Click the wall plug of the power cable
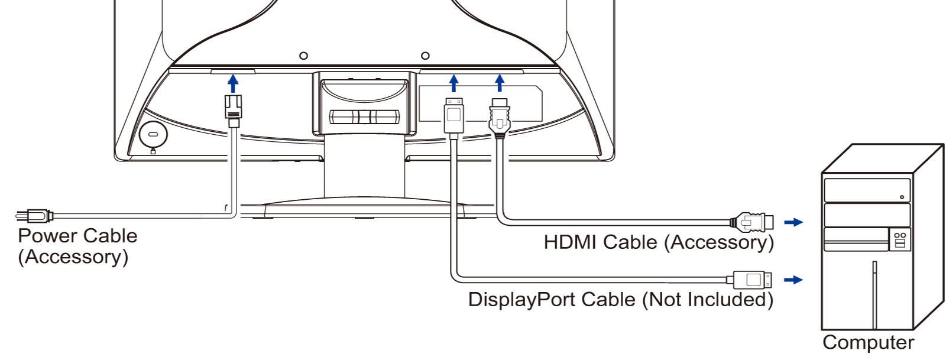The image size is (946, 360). coord(35,216)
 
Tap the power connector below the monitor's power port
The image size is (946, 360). coord(233,111)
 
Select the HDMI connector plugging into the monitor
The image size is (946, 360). coord(500,118)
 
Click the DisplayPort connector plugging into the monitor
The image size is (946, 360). coord(454,118)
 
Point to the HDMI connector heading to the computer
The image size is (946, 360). coord(751,222)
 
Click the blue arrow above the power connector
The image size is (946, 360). coord(233,83)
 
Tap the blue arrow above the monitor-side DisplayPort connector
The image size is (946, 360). coord(454,83)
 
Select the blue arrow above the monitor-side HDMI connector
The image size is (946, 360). coord(500,83)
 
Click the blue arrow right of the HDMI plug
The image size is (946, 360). coord(793,222)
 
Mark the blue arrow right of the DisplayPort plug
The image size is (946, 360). coord(793,280)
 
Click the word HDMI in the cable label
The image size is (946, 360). coord(570,242)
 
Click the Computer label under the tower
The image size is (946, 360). coord(869,342)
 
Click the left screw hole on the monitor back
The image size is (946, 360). coord(303,56)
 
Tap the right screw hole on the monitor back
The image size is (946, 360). coord(426,56)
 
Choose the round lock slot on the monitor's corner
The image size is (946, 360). coord(153,135)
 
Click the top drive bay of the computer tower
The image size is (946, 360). coord(867,190)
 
